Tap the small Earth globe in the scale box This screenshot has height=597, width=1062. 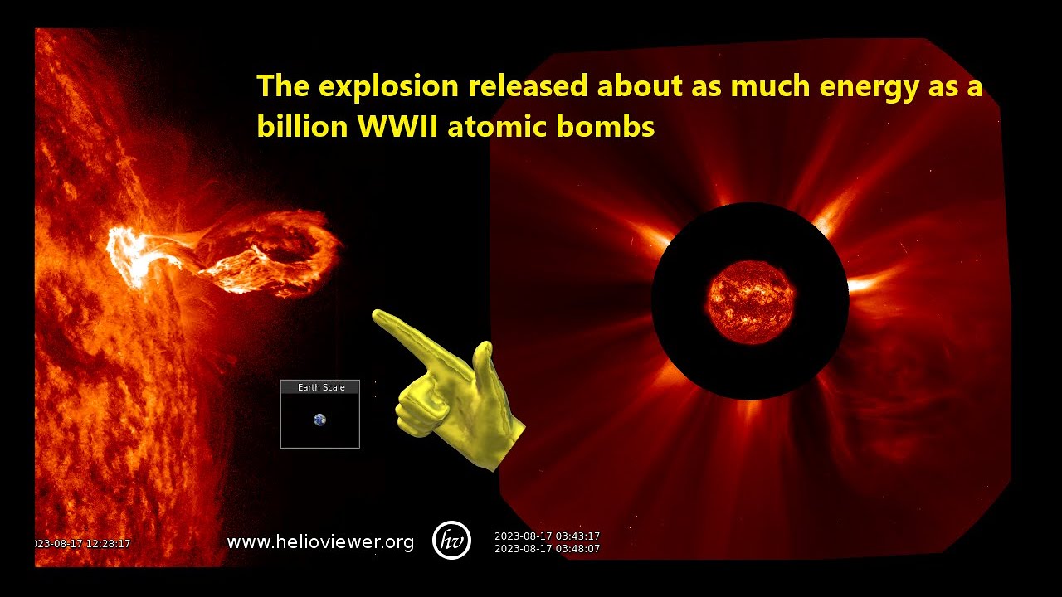[x=319, y=420]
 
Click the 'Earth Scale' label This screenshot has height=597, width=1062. [x=320, y=387]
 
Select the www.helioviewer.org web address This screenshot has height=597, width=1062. [x=320, y=542]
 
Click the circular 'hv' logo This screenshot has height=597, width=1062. [x=452, y=541]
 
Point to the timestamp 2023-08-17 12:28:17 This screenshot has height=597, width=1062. [x=83, y=544]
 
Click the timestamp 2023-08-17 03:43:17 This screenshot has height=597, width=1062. [x=547, y=536]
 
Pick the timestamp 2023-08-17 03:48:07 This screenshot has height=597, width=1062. [x=547, y=549]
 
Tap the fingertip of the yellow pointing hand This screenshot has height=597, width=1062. [x=378, y=316]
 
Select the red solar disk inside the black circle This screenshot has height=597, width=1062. [x=751, y=302]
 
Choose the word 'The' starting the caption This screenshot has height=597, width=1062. [x=283, y=86]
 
